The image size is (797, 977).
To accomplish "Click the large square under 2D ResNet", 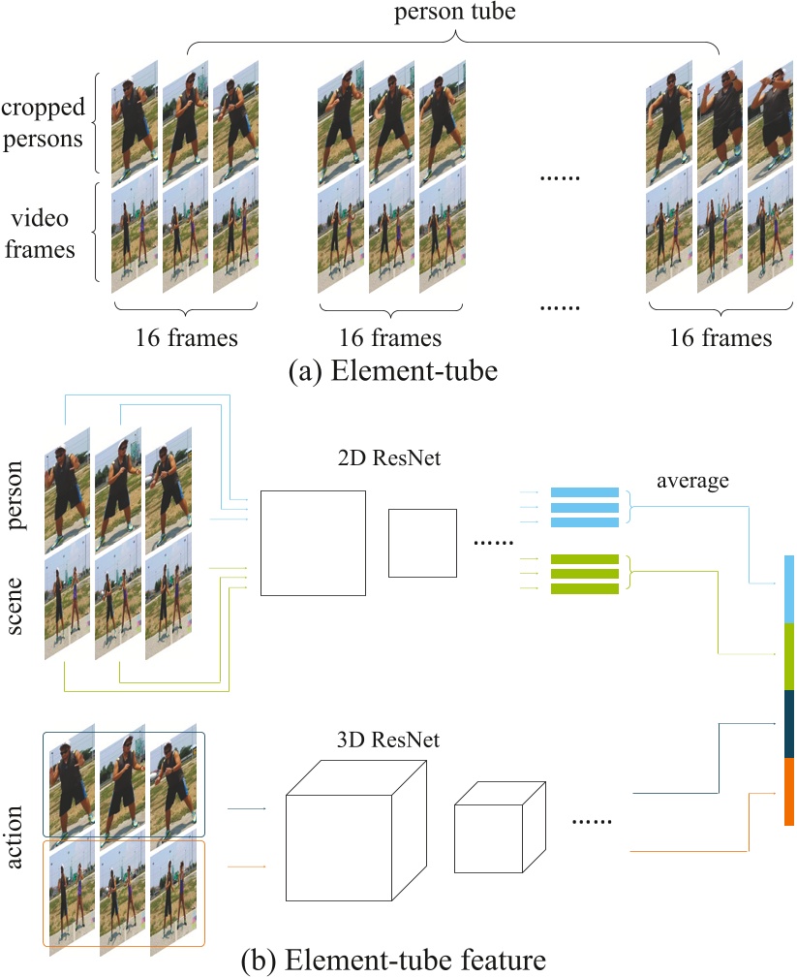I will click(x=313, y=543).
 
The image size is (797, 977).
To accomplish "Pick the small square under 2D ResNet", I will click(x=421, y=542).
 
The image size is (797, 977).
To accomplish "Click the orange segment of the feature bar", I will click(x=789, y=791).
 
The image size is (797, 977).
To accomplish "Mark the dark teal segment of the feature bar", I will click(x=789, y=723).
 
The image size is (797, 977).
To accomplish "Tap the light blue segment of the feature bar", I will click(x=789, y=588).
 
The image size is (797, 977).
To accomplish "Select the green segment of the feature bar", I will click(x=789, y=656).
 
